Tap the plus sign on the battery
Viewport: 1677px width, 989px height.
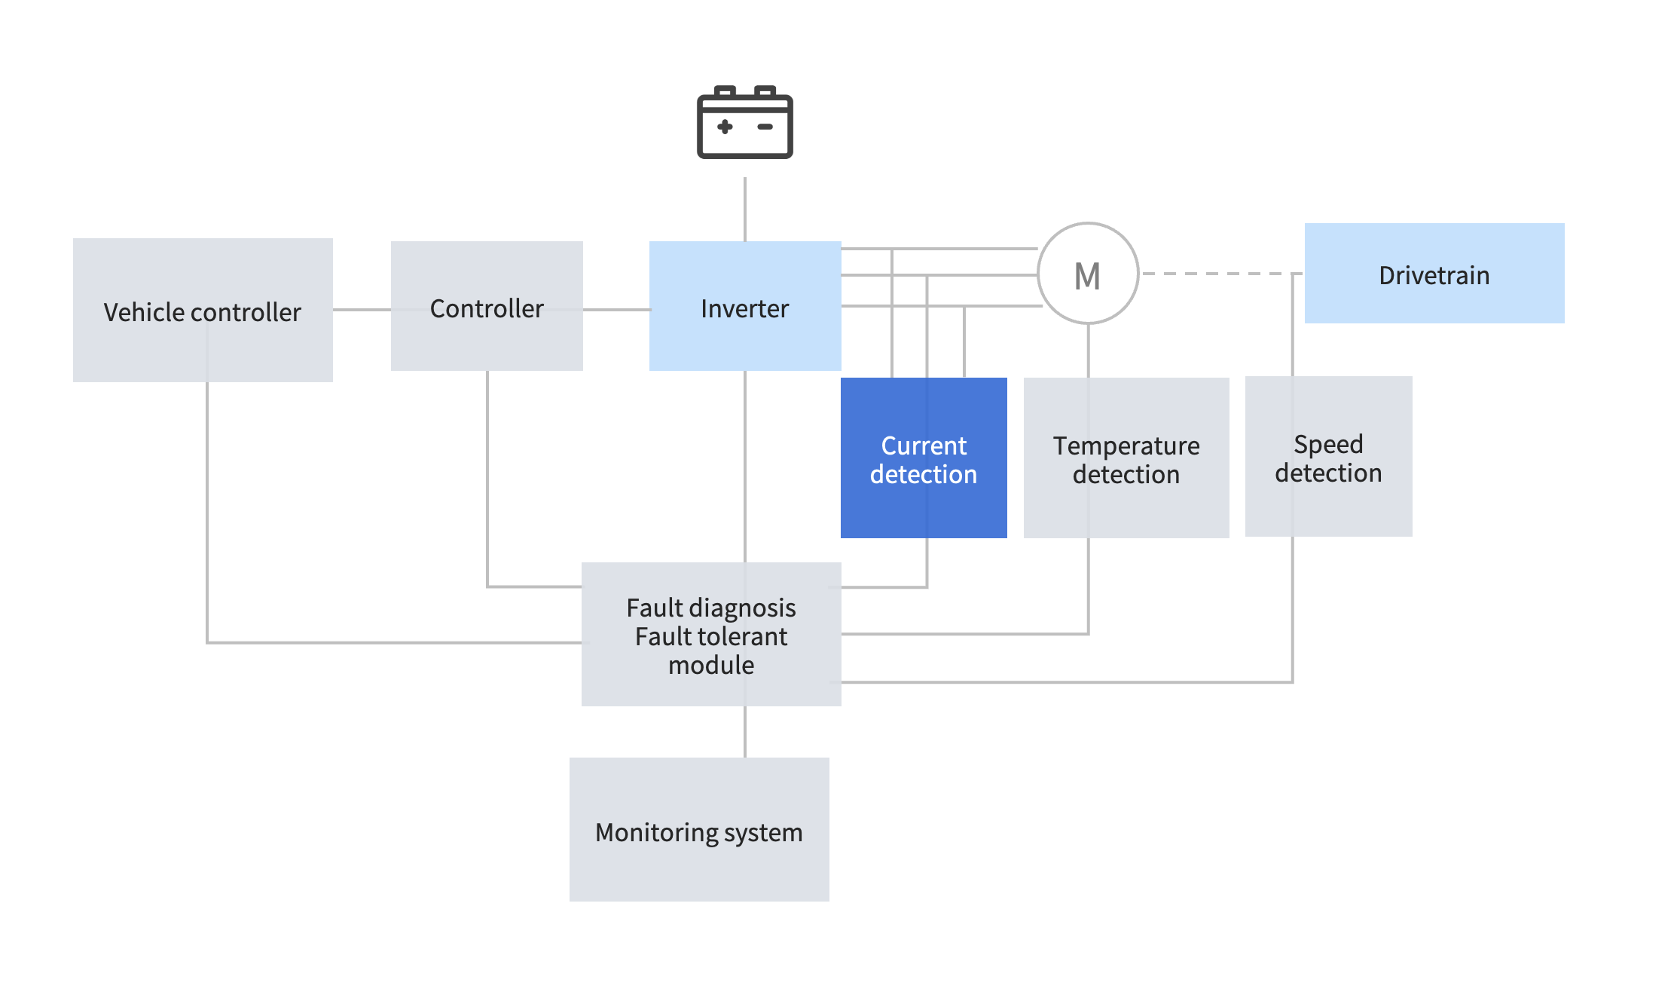725,127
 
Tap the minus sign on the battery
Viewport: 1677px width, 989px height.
765,127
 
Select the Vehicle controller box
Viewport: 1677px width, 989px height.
203,311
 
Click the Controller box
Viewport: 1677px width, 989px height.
487,307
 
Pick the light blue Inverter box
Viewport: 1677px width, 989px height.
744,307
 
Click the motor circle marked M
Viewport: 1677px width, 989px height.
1088,274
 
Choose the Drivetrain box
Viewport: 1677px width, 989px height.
1434,274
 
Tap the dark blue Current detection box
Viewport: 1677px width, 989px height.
924,458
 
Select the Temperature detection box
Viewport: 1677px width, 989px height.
1126,458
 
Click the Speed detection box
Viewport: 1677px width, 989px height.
1328,457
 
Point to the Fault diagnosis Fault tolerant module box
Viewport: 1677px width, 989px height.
711,635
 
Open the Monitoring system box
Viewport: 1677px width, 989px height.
699,830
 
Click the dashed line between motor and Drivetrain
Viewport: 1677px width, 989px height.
1220,274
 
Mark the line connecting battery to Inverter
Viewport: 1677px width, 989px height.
745,210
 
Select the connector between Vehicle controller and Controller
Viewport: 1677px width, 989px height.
362,310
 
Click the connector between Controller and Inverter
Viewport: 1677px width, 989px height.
616,310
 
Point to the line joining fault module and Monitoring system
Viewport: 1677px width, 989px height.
745,732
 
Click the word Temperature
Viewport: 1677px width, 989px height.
1126,446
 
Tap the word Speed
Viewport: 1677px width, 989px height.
1328,444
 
